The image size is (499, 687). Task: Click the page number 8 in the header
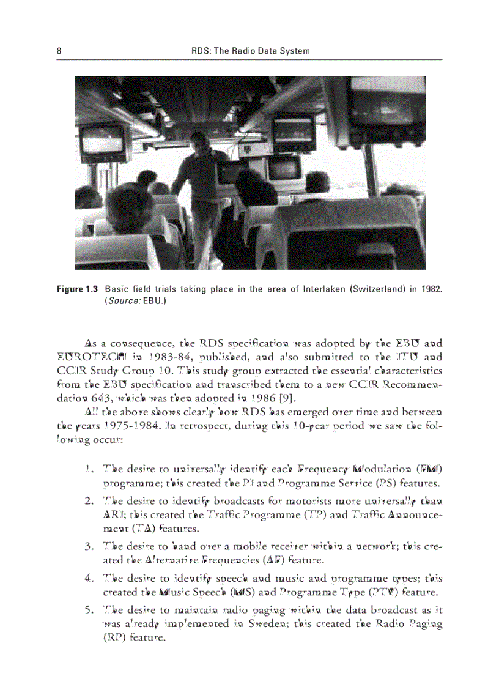tap(59, 51)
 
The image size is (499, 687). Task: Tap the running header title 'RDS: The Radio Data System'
tap(251, 51)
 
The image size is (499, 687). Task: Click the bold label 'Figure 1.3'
tap(78, 289)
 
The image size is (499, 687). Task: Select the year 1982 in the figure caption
tap(432, 289)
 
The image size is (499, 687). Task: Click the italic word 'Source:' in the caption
tap(122, 302)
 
